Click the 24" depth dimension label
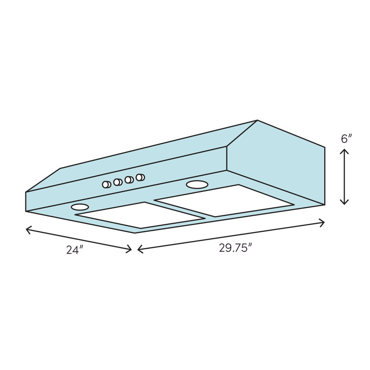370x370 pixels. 74,250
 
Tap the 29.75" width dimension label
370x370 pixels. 235,248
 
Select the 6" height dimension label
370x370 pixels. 346,138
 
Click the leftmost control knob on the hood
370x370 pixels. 106,185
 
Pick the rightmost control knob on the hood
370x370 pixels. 140,177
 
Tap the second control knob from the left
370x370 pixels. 117,182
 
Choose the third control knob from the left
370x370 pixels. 129,179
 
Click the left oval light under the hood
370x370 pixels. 80,207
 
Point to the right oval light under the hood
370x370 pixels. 197,185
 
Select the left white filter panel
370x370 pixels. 139,215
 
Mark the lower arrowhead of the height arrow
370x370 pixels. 344,203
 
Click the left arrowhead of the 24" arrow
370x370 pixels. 26,228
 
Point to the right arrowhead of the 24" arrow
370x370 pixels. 131,250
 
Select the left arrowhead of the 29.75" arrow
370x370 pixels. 139,250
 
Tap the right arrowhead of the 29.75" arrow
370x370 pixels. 323,223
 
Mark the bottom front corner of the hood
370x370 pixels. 135,233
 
